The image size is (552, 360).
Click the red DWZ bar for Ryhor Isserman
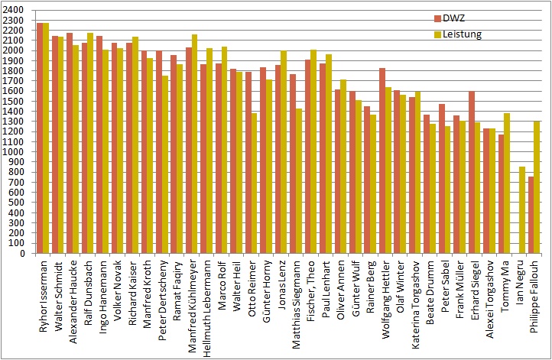(x=40, y=138)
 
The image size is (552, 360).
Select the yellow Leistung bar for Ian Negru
(x=522, y=210)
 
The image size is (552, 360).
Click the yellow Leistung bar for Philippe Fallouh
(x=537, y=187)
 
